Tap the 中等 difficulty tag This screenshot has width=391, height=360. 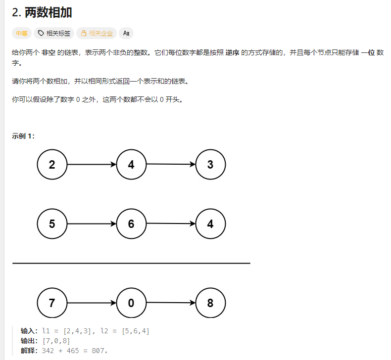point(21,34)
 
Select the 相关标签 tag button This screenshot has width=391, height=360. point(54,34)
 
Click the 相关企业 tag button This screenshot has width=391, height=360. point(97,34)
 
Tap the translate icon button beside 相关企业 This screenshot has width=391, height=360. point(126,34)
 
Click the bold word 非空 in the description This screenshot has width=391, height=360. point(48,52)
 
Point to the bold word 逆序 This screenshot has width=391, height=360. point(232,52)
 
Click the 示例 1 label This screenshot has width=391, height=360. point(23,136)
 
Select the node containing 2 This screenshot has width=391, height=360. point(52,165)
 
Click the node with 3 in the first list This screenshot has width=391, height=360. point(210,165)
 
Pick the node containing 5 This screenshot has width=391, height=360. point(52,224)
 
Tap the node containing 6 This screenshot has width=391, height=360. point(131,224)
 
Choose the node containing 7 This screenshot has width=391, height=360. point(52,303)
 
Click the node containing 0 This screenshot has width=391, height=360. point(131,303)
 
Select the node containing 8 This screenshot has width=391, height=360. point(210,303)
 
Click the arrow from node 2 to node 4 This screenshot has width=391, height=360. point(92,165)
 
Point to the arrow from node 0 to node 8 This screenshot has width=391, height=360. point(171,303)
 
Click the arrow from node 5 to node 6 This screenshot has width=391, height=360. point(92,224)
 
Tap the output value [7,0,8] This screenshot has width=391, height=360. point(56,341)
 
